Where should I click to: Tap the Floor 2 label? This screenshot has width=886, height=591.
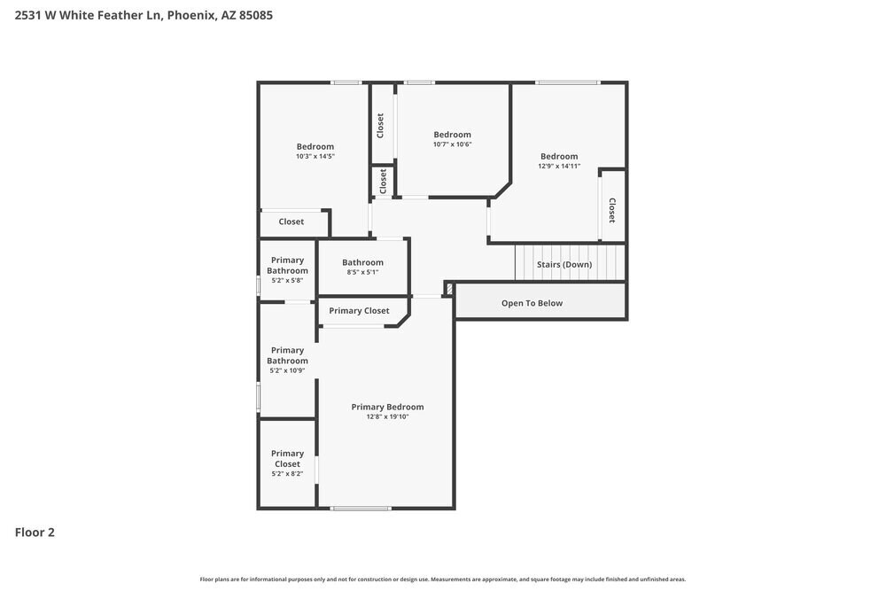point(35,533)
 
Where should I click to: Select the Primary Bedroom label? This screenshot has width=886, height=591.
point(387,407)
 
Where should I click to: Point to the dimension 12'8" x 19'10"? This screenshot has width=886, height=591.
point(387,416)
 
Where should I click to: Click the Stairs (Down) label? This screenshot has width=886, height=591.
point(564,265)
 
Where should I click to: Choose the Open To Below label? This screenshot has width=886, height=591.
point(532,303)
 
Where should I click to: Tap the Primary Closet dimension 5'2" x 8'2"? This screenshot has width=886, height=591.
point(287,474)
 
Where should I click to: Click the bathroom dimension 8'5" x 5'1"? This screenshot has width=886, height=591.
point(362,272)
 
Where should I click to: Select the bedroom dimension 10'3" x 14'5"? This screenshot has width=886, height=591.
point(315,156)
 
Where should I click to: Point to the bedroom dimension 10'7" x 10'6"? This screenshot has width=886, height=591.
point(452,144)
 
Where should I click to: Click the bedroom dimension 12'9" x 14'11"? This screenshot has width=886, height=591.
point(559,166)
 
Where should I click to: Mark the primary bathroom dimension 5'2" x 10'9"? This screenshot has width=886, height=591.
point(287,371)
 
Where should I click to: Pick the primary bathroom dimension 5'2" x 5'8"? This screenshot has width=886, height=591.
point(287,281)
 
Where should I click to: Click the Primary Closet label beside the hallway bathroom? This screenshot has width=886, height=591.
point(359,311)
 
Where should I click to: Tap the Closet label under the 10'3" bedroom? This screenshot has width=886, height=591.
point(291,222)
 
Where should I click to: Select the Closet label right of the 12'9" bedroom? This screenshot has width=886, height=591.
point(612,210)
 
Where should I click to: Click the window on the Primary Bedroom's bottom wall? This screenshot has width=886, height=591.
point(361,508)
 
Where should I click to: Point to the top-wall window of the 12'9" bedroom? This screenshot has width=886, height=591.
point(567,82)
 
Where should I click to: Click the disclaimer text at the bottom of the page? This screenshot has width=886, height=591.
point(442,579)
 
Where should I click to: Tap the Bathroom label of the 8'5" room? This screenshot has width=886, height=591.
point(362,262)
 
